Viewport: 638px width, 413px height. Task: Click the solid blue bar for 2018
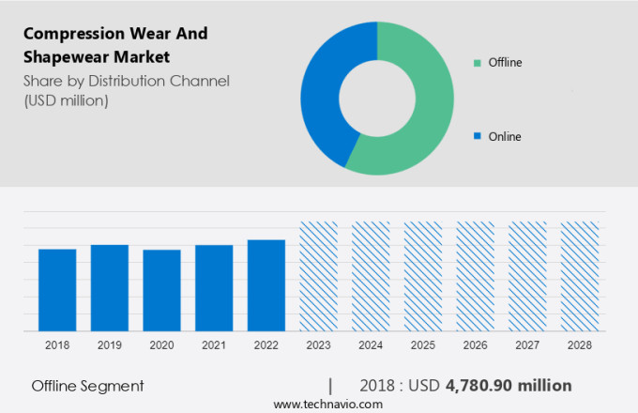[x=57, y=290]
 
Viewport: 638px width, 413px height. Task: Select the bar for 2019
[x=110, y=288]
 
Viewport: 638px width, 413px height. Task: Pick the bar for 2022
[x=266, y=285]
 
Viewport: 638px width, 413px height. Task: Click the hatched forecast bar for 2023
[x=319, y=277]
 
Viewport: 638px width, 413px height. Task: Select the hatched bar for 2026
[x=475, y=277]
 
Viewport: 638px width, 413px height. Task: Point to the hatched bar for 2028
[x=579, y=277]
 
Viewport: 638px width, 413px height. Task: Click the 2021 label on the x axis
[x=214, y=345]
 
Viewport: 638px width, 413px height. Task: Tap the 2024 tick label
[x=371, y=345]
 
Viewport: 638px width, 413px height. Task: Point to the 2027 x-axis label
[x=527, y=345]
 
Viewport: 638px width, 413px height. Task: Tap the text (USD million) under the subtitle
[x=66, y=100]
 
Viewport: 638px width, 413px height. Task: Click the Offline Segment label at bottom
[x=87, y=385]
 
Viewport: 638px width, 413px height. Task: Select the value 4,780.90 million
[x=509, y=385]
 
